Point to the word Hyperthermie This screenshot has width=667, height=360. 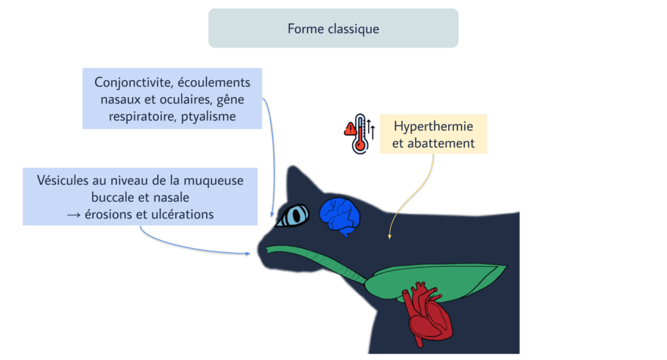click(434, 126)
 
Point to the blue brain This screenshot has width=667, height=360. click(340, 214)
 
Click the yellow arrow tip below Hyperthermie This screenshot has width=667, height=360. click(390, 238)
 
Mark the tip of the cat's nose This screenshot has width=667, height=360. click(259, 249)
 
